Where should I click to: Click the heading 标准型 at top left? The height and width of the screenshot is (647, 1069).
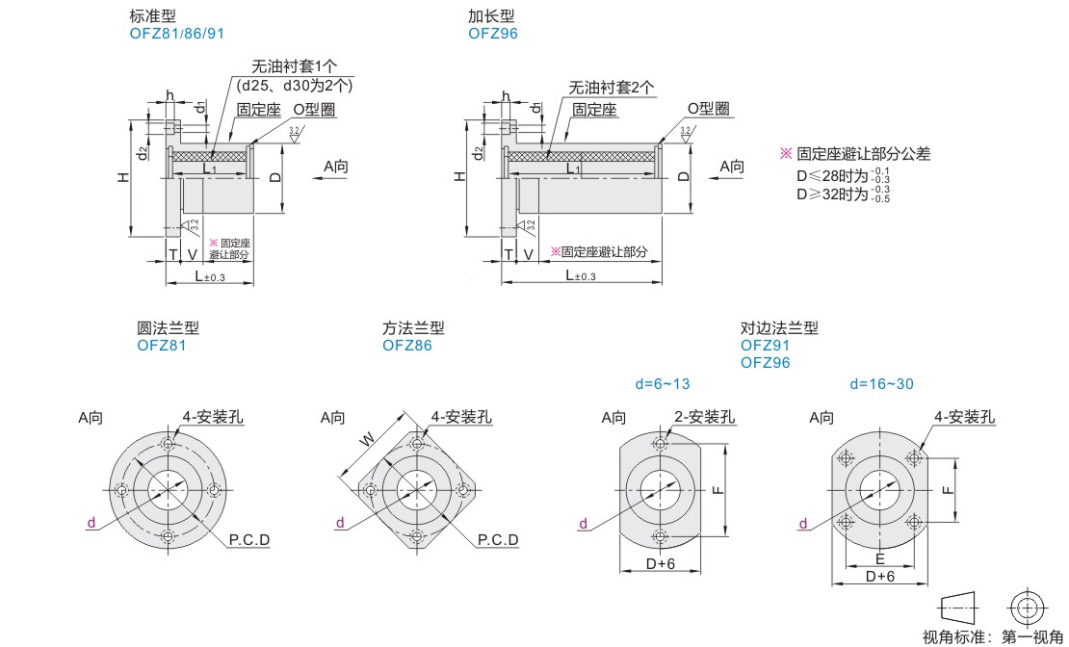152,17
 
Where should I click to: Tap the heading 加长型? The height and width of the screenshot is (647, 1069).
491,17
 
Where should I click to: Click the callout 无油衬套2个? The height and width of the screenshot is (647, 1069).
611,87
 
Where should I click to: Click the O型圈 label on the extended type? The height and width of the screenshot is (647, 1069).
707,109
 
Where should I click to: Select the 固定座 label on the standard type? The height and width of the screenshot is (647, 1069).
258,110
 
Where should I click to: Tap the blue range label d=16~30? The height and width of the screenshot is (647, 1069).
880,384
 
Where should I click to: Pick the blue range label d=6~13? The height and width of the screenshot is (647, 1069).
663,384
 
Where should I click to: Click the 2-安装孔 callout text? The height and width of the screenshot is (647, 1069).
703,417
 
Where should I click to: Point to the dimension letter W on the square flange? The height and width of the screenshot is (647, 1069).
367,438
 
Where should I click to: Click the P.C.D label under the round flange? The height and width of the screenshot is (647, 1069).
249,539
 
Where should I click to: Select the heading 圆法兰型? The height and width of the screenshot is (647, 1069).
168,328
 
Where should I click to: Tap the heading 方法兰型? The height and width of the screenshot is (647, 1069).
413,328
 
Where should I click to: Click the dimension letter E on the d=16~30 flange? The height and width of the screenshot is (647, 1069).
879,558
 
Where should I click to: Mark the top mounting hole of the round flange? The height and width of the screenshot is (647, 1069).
169,444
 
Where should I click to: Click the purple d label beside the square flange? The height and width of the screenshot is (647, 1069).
340,523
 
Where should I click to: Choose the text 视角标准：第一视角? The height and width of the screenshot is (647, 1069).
992,636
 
